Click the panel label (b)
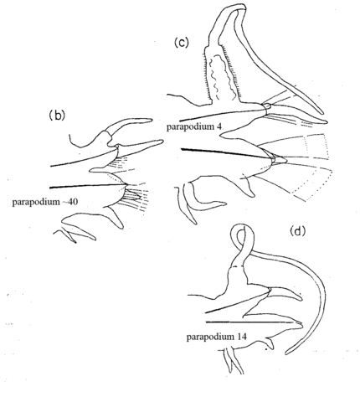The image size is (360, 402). pos(57,116)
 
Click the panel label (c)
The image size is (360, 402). pos(182,43)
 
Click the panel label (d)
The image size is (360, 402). pos(298,231)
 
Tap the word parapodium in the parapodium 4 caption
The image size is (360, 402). pos(190,127)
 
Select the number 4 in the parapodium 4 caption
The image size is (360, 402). pos(219,126)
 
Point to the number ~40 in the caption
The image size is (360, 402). pos(71,202)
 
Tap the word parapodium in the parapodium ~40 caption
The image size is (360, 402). pos(36,202)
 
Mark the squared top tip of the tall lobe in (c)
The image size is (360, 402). pos(241,7)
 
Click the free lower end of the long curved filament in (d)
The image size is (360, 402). pos(287,353)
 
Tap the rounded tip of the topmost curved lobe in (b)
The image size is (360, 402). pos(150,120)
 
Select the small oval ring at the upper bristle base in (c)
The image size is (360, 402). pos(266,106)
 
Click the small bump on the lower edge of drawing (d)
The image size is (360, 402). pos(269,343)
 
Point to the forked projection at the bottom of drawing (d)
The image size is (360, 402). pos(233,361)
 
